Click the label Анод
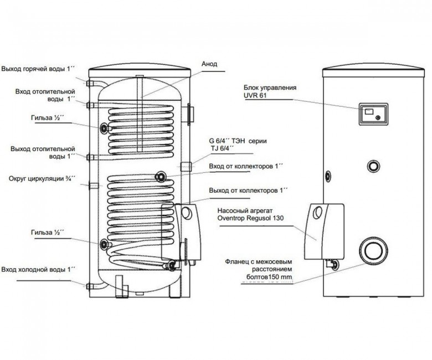[x=209, y=64]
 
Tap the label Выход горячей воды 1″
[x=38, y=69]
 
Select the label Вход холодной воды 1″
[x=38, y=269]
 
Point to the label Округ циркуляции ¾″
[x=42, y=178]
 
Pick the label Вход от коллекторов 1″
[x=246, y=166]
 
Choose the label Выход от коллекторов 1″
[x=248, y=191]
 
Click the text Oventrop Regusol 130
[x=250, y=218]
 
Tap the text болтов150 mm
[x=269, y=277]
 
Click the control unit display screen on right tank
[x=369, y=111]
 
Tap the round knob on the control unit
[x=378, y=117]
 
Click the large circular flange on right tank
[x=373, y=250]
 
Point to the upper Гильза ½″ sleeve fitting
[x=105, y=128]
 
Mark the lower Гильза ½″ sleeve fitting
[x=105, y=244]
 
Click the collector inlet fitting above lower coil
[x=161, y=176]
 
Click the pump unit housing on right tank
[x=324, y=232]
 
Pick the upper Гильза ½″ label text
[x=48, y=118]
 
